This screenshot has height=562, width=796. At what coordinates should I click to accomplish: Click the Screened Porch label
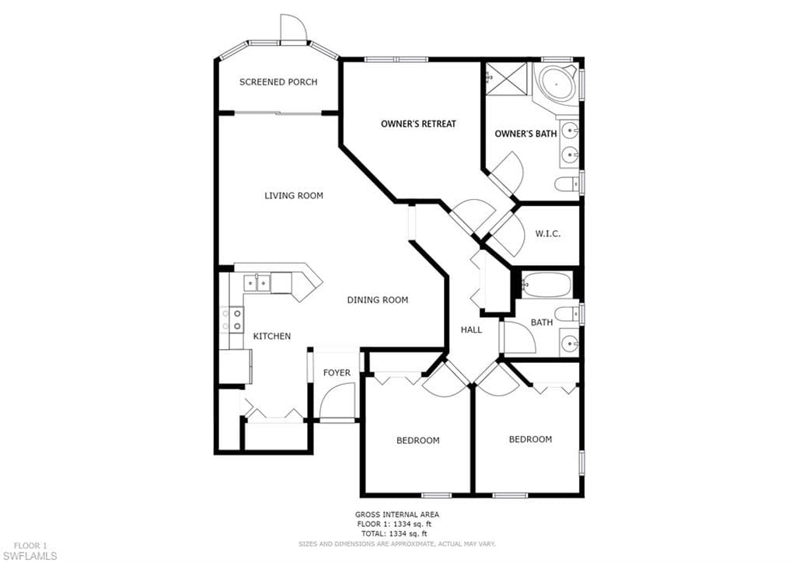click(x=278, y=82)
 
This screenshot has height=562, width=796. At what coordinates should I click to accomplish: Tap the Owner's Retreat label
click(x=418, y=124)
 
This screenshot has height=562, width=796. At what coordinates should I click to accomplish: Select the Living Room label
click(x=293, y=195)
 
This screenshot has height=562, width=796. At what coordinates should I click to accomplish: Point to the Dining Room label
click(x=377, y=300)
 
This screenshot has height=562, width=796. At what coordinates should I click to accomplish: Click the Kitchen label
click(x=271, y=336)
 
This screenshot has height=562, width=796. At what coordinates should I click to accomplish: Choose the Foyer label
click(x=337, y=372)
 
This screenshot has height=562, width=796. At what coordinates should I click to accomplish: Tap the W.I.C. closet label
click(x=548, y=234)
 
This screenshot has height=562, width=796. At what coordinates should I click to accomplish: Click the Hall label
click(x=471, y=330)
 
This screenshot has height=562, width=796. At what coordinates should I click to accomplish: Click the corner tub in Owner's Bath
click(x=557, y=84)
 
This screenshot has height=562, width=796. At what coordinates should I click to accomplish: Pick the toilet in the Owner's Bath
click(x=567, y=183)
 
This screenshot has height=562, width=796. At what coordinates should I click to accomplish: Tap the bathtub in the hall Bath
click(x=546, y=284)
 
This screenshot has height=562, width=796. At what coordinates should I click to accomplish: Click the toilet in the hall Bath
click(x=567, y=313)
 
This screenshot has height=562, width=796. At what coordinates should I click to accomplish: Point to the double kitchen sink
click(x=257, y=282)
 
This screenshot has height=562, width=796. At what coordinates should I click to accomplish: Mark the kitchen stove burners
click(x=232, y=319)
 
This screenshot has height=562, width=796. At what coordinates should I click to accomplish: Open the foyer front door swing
click(x=337, y=401)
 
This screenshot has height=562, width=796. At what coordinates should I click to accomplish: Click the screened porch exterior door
click(x=294, y=29)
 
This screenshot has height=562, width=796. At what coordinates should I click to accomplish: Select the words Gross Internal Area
click(x=397, y=515)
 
